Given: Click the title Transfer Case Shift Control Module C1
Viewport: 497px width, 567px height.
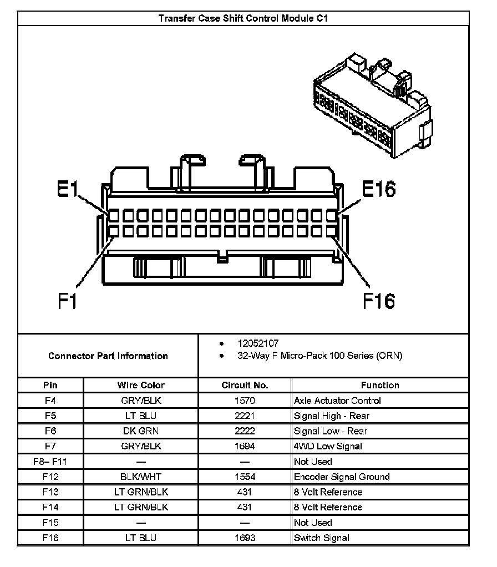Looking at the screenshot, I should pos(243,18).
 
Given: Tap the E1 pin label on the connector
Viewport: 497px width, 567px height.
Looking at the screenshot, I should pos(67,190).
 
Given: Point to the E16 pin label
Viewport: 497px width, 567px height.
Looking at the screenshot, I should pos(379,189).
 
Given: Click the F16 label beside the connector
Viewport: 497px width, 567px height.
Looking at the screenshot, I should pos(379,301).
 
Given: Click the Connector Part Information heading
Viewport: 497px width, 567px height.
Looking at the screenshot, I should pos(108,356).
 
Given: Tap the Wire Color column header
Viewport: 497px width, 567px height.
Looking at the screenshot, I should pos(141,385).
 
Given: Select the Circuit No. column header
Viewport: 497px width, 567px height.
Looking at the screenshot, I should pos(245,385).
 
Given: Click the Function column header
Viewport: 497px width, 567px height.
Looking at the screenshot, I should pos(380,385).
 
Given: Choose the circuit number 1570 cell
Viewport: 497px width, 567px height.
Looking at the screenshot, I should pos(245,401).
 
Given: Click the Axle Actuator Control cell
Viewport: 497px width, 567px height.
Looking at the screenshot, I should pos(337,401).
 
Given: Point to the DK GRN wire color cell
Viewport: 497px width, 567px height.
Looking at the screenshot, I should pos(141,431).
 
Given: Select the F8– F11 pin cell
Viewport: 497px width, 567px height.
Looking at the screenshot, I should pos(50,462).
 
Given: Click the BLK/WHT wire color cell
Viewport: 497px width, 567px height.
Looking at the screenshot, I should pos(141,477).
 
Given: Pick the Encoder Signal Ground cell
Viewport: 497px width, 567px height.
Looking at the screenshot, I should pos(342,477).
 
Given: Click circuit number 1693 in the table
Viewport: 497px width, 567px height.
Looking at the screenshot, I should pos(245,538).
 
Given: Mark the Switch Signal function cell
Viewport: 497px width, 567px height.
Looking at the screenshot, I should pos(322,538).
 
